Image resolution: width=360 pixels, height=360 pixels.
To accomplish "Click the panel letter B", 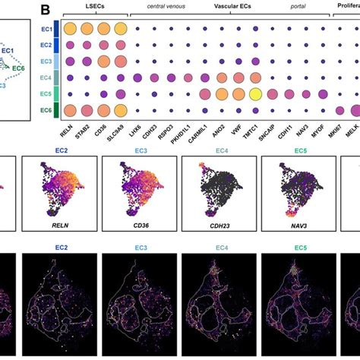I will [x=46, y=10].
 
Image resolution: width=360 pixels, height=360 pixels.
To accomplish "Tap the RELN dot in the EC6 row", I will [x=70, y=109].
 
